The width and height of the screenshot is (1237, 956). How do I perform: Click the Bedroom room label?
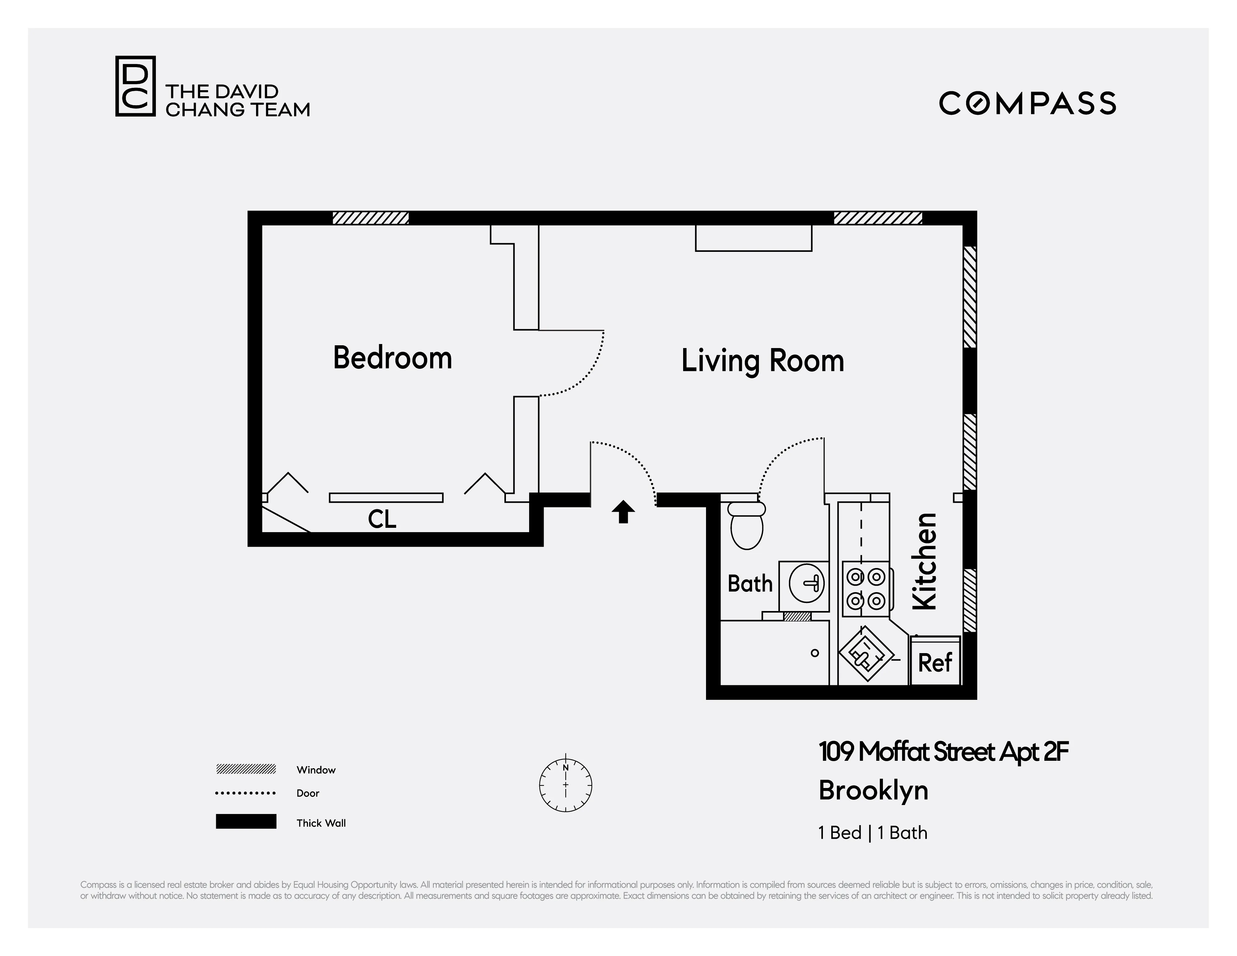(x=392, y=358)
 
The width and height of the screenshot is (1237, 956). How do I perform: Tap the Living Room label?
(x=762, y=361)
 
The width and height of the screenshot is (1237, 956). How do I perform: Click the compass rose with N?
(x=565, y=785)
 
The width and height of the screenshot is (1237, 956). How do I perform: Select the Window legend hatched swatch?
(x=246, y=769)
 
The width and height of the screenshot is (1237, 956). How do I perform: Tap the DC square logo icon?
(x=135, y=86)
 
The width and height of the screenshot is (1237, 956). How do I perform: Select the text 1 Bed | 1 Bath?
(x=872, y=833)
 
